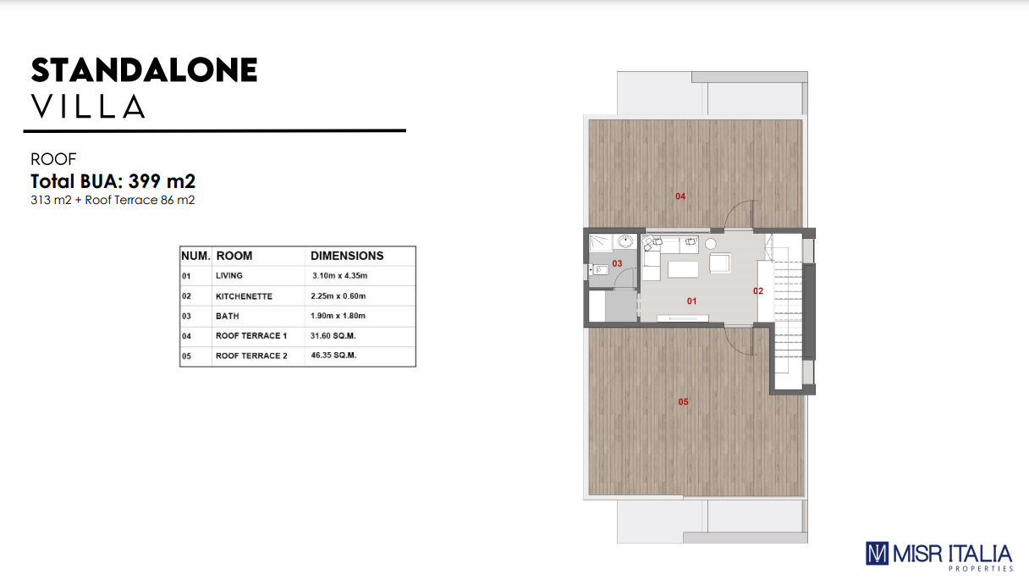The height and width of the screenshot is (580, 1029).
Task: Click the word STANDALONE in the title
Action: click(144, 70)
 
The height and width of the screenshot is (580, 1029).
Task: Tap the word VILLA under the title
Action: click(88, 107)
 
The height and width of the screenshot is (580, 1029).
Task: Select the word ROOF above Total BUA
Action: click(53, 159)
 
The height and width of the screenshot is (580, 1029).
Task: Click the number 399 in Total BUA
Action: click(145, 181)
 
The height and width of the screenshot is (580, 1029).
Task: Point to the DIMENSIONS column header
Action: click(347, 256)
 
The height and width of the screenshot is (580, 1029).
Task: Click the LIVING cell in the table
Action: click(229, 276)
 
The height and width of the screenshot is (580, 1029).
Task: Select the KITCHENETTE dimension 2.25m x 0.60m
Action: click(338, 296)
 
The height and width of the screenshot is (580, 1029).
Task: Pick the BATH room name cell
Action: click(228, 316)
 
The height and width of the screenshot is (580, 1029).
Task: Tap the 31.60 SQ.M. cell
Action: click(333, 336)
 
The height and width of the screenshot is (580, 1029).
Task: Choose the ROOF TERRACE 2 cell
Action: click(251, 356)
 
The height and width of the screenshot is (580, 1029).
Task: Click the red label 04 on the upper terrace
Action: click(680, 196)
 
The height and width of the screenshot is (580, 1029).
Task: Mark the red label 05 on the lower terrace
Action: click(683, 401)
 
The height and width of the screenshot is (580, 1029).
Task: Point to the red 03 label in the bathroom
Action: click(617, 263)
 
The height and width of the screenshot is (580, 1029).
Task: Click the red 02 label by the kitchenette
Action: click(758, 291)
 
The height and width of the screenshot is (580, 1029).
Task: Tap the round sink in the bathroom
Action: click(625, 241)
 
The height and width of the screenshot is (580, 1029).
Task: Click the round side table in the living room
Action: click(711, 244)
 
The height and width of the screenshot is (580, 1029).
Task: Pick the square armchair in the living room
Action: click(720, 263)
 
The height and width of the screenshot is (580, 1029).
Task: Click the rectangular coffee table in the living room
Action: click(683, 269)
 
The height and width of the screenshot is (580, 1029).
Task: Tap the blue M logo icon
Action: click(877, 554)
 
